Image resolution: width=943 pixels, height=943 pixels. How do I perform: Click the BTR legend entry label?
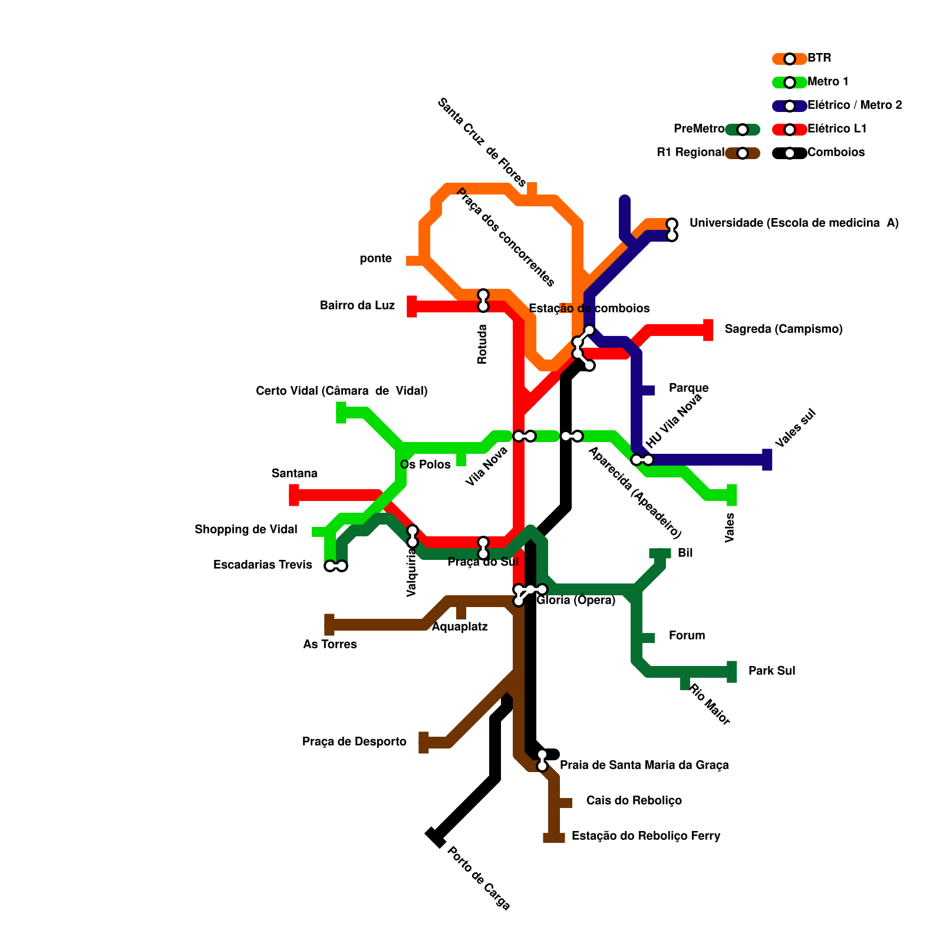point(819,58)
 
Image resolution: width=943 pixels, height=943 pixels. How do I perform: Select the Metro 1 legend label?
point(828,82)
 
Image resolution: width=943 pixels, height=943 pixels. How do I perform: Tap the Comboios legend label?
point(836,153)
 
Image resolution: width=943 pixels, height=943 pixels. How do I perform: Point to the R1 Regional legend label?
point(691,153)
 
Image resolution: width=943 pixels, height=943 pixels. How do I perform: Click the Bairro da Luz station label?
point(357,306)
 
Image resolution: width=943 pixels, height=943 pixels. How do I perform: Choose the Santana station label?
point(295,473)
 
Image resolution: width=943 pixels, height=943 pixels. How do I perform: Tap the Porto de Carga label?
point(479,879)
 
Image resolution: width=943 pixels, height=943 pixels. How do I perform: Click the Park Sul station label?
point(771,671)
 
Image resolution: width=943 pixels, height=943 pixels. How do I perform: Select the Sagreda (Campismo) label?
point(783,329)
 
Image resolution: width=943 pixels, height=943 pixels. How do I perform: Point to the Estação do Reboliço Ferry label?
point(646,836)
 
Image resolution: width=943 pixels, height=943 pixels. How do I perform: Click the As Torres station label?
point(330,645)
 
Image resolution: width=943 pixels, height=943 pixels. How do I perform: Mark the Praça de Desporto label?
point(354,742)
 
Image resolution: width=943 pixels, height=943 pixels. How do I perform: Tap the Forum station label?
point(687,636)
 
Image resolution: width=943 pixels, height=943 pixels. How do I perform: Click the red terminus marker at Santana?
point(294,495)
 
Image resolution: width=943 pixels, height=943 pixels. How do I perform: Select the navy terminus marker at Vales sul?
point(767,460)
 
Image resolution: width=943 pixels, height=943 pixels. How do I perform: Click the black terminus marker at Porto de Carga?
point(435,838)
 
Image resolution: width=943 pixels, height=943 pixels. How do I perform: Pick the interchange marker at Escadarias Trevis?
point(336,566)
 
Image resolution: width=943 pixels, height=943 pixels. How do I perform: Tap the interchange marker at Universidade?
point(672,230)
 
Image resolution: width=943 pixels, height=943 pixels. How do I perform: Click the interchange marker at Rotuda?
point(483,301)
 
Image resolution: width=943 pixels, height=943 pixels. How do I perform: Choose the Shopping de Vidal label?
point(246,530)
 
